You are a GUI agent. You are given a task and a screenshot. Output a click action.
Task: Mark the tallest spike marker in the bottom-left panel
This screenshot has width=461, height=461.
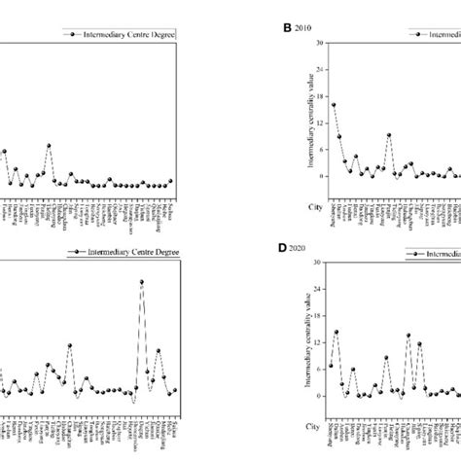(142, 282)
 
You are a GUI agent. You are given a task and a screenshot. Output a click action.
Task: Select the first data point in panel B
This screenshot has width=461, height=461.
(334, 104)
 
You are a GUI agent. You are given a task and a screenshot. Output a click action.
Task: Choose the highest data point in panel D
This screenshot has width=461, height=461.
(337, 332)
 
